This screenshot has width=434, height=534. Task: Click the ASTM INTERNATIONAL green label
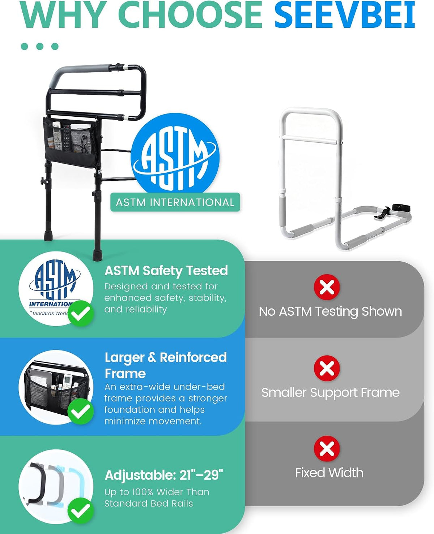tap(175, 202)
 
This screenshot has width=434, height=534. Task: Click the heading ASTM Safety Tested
tap(166, 271)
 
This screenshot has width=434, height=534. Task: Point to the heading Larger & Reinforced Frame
tap(166, 365)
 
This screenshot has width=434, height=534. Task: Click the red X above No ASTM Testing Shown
tap(327, 287)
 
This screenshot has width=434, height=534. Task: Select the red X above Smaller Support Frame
tap(327, 368)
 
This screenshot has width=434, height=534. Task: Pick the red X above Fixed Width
tap(327, 448)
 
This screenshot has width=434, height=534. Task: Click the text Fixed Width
tap(329, 473)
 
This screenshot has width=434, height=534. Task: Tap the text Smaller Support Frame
tap(331, 393)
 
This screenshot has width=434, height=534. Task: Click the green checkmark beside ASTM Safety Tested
tap(81, 313)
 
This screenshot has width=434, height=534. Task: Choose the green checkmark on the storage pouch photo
tap(81, 412)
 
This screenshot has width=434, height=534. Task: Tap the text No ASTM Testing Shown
tap(331, 312)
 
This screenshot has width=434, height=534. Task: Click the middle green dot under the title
tap(40, 46)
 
